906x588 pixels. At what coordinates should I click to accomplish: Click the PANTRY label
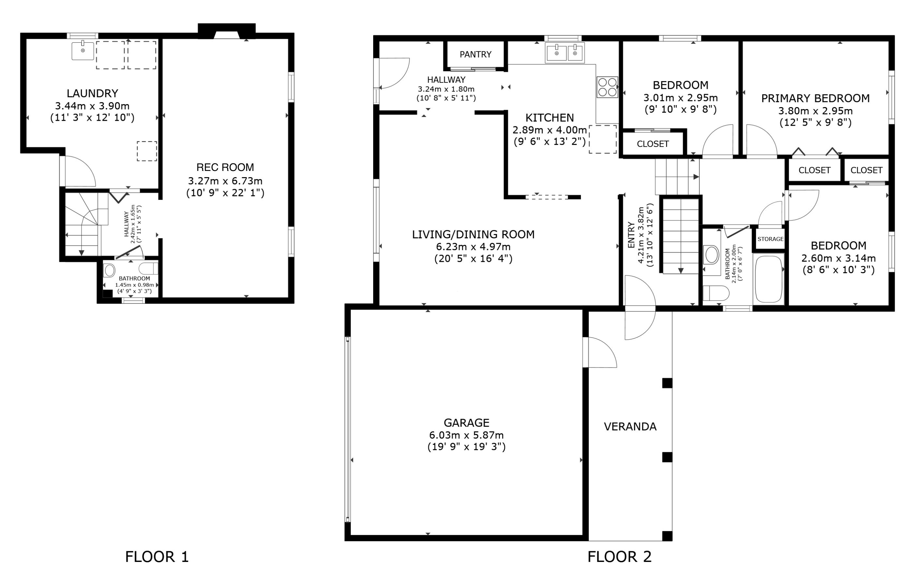click(475, 54)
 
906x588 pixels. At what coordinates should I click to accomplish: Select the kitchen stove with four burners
click(607, 87)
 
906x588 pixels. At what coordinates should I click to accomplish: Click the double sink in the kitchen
click(565, 52)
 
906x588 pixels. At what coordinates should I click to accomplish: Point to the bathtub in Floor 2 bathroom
click(768, 279)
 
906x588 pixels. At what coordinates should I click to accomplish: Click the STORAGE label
click(770, 239)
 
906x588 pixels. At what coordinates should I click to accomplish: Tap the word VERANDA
click(630, 427)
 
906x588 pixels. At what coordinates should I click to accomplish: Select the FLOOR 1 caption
click(157, 556)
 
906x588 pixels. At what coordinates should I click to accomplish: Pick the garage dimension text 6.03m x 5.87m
click(466, 435)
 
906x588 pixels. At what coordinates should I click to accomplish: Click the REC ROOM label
click(225, 167)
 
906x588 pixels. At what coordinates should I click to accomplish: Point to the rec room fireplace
click(226, 31)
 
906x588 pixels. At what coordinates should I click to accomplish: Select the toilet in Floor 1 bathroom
click(110, 271)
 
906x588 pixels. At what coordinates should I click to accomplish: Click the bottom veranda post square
click(667, 536)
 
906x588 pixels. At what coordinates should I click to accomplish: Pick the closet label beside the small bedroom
click(653, 144)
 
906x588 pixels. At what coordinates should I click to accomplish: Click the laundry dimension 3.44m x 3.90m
click(92, 105)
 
